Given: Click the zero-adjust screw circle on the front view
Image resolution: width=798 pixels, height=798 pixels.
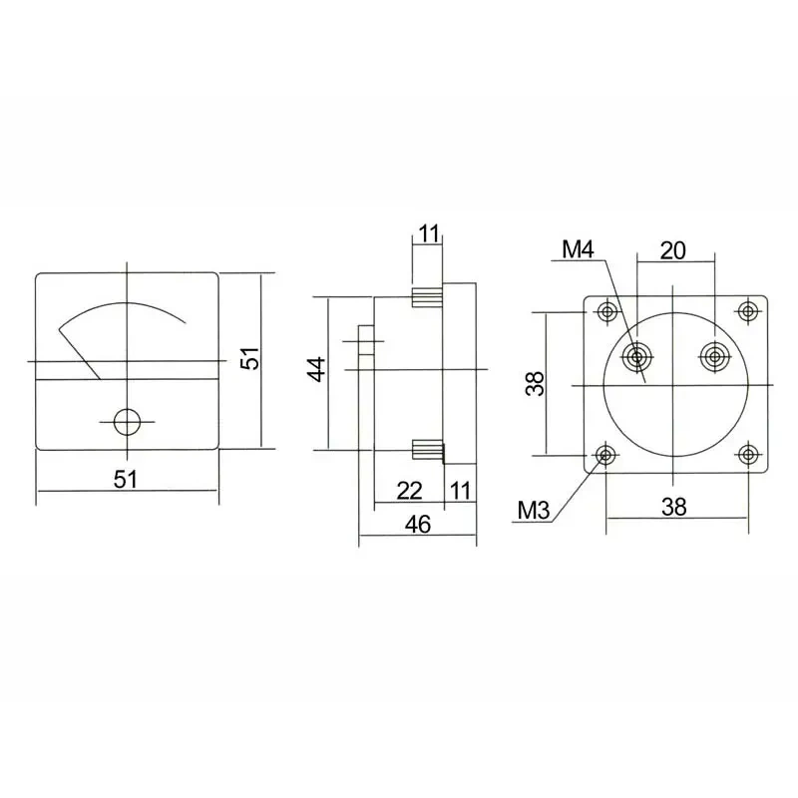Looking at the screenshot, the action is (x=127, y=421).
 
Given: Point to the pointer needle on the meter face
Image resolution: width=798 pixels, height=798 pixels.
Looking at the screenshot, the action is (x=80, y=354).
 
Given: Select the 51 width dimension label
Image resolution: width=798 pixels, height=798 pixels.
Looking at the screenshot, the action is (x=126, y=479).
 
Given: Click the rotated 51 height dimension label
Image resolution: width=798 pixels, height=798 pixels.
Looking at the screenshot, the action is (x=250, y=358).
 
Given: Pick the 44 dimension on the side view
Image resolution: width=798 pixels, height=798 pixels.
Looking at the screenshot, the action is (x=317, y=369).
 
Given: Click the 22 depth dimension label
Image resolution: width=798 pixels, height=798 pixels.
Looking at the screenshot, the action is (x=410, y=491).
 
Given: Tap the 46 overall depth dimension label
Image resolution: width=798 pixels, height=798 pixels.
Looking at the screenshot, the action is (x=418, y=525).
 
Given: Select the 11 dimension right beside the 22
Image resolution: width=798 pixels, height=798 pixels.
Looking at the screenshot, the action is (x=461, y=491).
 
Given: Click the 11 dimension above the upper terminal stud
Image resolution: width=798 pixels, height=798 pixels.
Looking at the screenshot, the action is (x=429, y=233).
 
